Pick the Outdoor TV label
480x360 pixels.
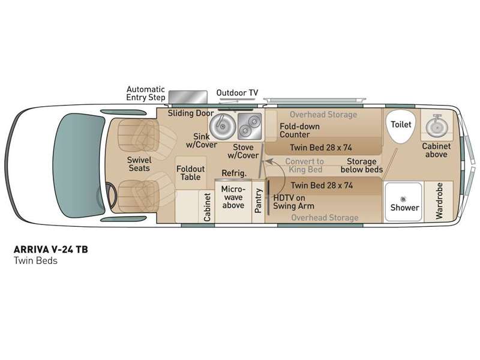[x=237, y=92]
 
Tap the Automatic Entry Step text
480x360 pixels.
[x=145, y=94]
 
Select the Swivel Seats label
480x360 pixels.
[x=139, y=164]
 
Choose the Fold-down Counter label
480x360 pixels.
[x=299, y=131]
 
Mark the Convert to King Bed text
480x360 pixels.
[x=304, y=166]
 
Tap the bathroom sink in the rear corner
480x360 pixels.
[x=435, y=125]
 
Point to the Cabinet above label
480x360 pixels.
[x=435, y=150]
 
